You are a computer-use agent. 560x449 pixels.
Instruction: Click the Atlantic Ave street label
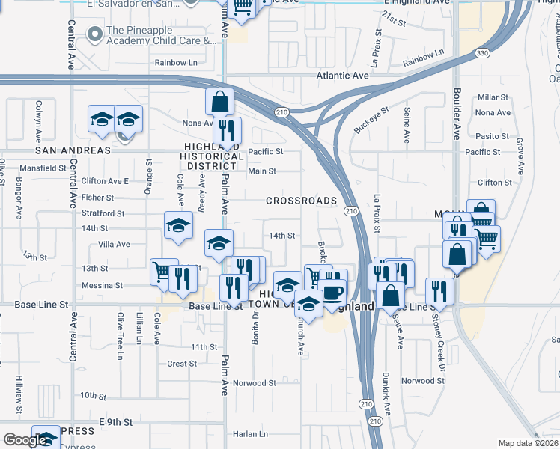coord(342,76)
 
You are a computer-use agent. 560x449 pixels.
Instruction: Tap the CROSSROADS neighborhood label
coord(301,201)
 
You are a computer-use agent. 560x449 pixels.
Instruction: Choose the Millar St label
coord(493,97)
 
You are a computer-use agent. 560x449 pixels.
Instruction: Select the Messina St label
coord(102,285)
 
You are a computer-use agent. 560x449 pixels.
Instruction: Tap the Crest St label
coord(182,364)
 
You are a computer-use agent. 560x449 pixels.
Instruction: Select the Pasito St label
coord(492,137)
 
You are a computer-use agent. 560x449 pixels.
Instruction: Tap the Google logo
coord(25,440)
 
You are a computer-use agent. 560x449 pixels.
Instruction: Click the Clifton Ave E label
coord(105,181)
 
